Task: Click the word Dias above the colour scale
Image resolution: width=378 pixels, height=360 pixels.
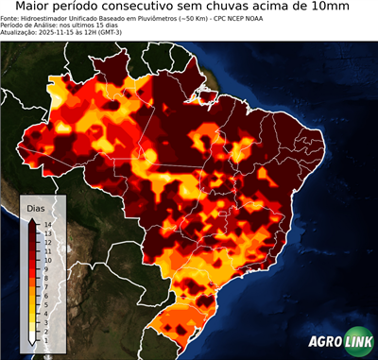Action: point(36,206)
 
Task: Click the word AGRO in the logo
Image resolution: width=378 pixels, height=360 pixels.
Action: point(325,344)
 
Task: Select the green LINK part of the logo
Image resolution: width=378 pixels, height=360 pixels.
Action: point(357,344)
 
